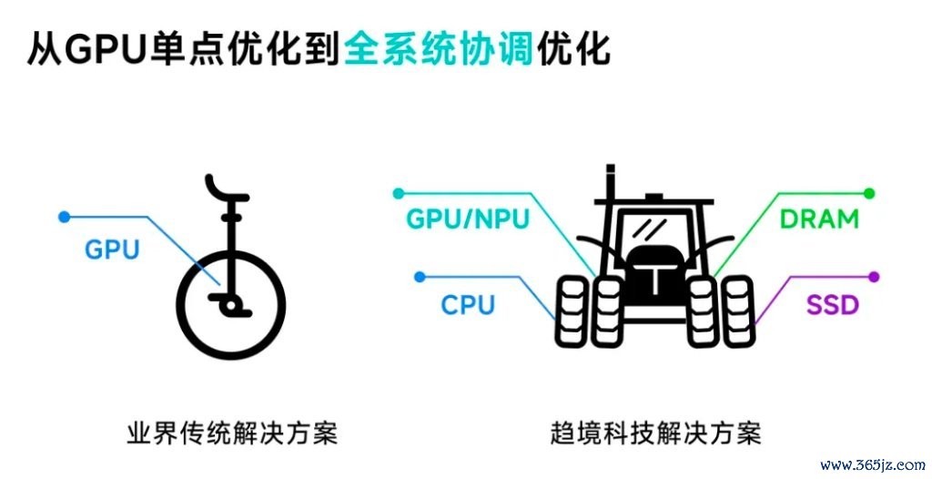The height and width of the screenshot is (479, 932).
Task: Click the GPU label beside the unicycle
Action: (x=112, y=250)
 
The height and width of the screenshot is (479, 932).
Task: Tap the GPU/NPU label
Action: (x=467, y=219)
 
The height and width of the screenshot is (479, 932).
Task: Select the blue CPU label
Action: (x=468, y=305)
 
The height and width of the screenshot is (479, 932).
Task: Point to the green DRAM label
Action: (x=819, y=219)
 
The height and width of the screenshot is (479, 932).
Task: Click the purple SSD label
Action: (x=832, y=305)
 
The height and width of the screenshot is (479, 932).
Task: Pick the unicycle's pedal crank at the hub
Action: (x=230, y=305)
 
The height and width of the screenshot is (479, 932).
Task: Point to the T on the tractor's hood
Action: (x=653, y=279)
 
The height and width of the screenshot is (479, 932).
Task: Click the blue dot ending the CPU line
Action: (x=420, y=277)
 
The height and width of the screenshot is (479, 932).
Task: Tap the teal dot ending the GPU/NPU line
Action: (x=399, y=193)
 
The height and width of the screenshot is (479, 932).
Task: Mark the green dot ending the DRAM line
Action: (x=869, y=193)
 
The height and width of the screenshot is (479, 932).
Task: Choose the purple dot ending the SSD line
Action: (x=873, y=277)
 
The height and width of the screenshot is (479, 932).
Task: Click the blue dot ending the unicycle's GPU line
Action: (x=65, y=217)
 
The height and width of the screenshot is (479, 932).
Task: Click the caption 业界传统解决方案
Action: (x=232, y=433)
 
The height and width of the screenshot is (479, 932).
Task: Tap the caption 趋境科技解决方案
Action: (x=655, y=433)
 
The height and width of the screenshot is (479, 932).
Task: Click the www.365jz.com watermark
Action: (x=873, y=464)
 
